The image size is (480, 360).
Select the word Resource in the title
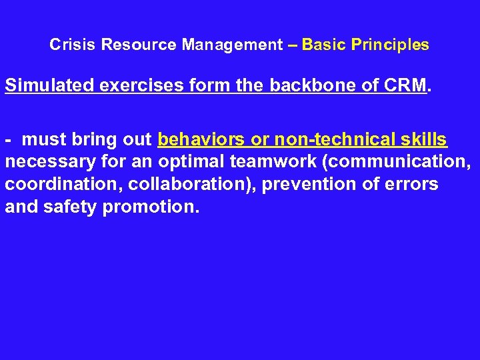click(x=121, y=45)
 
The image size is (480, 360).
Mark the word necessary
click(x=44, y=162)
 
